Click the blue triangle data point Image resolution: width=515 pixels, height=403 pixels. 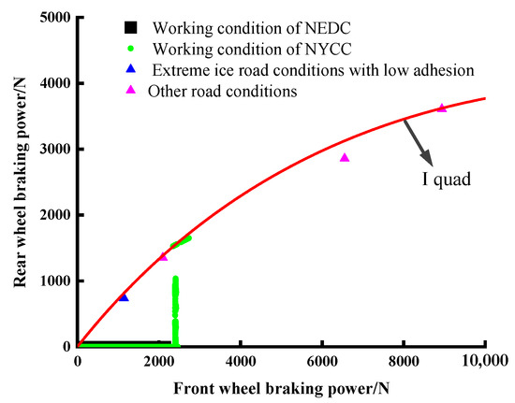124,297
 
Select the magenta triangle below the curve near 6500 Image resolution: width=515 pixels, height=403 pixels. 345,158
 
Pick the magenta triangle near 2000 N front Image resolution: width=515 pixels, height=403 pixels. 163,256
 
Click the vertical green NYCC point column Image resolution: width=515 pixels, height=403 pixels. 175,309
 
